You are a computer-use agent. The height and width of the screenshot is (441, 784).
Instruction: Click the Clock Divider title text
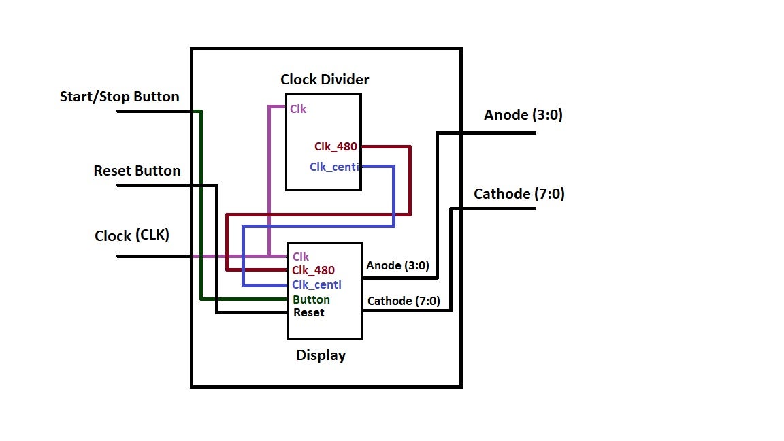point(325,80)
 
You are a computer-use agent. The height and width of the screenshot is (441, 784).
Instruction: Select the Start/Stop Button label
point(120,97)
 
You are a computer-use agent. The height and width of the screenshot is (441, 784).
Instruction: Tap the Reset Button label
point(137,171)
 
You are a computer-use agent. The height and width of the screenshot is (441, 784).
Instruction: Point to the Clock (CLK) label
point(132,236)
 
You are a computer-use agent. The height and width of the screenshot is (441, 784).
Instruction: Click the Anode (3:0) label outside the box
point(523,115)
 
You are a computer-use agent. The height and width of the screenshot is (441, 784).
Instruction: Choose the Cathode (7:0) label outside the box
point(519,194)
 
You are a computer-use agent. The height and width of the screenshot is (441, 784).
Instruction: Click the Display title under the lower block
point(321,355)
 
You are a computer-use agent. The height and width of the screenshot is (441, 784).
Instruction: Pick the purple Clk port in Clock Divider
point(298,108)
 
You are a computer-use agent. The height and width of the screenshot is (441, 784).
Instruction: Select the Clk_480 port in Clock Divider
point(336,146)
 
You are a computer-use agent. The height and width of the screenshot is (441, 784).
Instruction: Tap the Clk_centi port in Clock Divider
point(334,167)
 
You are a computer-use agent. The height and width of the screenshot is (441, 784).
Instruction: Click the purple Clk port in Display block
point(301,257)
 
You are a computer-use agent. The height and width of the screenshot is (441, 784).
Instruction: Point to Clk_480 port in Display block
point(313,270)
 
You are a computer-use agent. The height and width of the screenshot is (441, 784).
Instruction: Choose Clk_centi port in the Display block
point(316,284)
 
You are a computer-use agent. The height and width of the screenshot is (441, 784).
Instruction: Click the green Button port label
point(311,299)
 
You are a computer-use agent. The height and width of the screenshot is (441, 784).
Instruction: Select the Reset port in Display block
point(309,313)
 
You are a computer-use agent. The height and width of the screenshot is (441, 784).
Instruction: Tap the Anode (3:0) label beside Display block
point(397,265)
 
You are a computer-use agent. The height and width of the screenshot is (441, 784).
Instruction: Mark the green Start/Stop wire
point(201,204)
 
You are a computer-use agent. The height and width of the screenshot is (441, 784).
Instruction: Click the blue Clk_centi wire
point(394,197)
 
